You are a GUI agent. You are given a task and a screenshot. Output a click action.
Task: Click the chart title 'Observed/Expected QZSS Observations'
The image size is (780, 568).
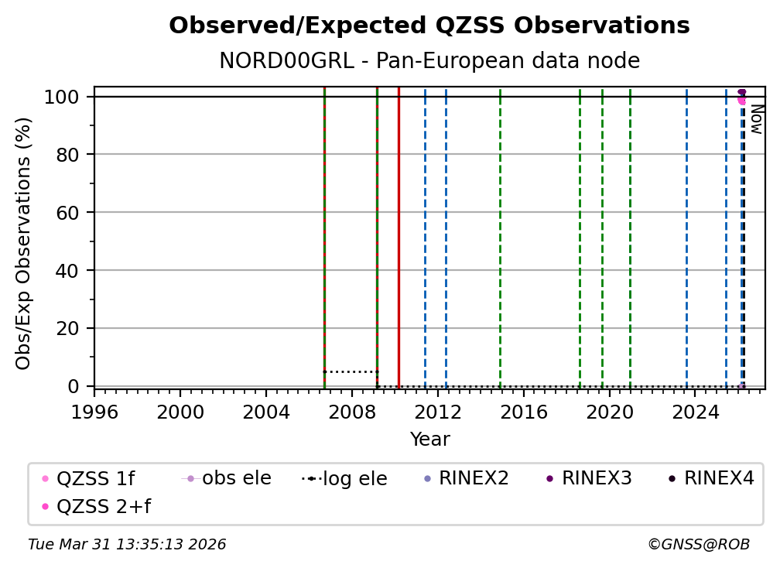tap(429, 26)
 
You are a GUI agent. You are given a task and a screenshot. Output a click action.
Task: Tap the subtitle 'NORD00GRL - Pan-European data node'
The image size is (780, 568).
tap(429, 61)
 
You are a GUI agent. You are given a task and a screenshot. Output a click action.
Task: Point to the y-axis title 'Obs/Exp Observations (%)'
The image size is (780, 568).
tap(24, 243)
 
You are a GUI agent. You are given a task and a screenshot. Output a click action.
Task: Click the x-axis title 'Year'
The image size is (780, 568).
tap(429, 440)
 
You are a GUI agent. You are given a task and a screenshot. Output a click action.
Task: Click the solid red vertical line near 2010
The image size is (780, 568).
tap(399, 232)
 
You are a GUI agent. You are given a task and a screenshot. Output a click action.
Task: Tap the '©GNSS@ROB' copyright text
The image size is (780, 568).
tap(698, 545)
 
